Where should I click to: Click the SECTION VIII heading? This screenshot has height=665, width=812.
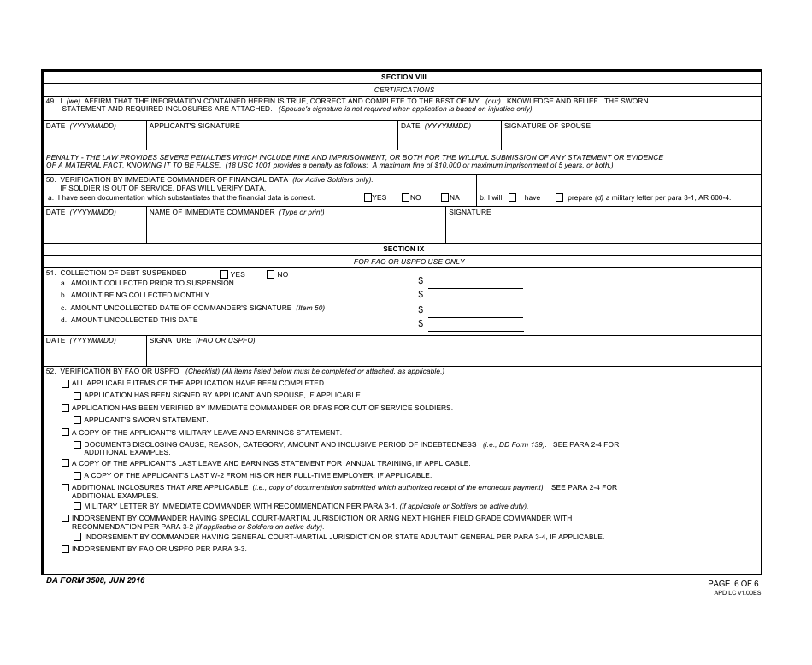click(x=403, y=77)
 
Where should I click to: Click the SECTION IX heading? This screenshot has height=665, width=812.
click(x=403, y=249)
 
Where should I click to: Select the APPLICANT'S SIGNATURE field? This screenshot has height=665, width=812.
click(x=271, y=137)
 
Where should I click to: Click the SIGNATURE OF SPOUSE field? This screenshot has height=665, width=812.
click(x=630, y=137)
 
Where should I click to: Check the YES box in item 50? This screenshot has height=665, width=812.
click(x=368, y=197)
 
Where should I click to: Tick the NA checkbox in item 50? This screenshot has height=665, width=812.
click(x=445, y=197)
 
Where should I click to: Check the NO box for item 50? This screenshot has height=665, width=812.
click(x=406, y=197)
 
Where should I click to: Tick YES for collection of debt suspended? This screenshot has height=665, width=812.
click(x=224, y=274)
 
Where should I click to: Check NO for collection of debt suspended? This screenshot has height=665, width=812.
click(x=271, y=274)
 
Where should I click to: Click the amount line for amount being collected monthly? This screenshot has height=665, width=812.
click(x=475, y=296)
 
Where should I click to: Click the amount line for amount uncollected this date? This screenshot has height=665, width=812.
click(x=475, y=324)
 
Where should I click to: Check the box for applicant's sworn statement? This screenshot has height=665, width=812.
click(x=78, y=421)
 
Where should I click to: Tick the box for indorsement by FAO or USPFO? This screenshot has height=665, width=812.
click(x=66, y=549)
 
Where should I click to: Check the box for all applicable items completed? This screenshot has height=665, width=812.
click(x=66, y=384)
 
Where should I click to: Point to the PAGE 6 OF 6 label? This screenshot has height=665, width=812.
click(x=733, y=583)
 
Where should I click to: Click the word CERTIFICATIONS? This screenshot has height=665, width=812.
click(x=403, y=90)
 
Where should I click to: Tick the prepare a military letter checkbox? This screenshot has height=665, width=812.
click(x=559, y=197)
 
